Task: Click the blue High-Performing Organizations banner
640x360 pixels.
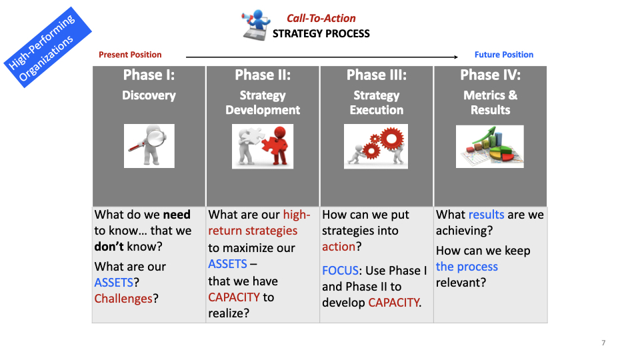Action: coord(48,47)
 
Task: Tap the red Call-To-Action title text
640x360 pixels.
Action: coord(321,19)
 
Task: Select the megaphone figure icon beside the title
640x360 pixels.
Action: coord(256,25)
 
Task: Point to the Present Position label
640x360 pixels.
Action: coord(130,55)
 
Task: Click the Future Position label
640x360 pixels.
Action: coord(504,55)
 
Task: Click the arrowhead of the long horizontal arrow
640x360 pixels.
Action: coord(456,57)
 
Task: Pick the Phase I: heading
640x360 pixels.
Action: coord(149,75)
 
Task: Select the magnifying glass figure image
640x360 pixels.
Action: coord(149,146)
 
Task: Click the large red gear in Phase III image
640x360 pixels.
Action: coord(392,139)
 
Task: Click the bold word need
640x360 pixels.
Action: coord(177,215)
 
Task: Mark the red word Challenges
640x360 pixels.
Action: coord(123,299)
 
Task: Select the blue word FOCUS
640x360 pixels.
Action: coord(340,271)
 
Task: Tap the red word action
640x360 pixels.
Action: coord(339,247)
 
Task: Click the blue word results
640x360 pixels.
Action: coord(486,215)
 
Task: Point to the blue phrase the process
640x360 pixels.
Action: coord(467,267)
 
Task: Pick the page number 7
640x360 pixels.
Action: coord(603,343)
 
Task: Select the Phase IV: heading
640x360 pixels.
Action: coord(490,75)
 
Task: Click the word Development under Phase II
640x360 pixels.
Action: coord(263,110)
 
